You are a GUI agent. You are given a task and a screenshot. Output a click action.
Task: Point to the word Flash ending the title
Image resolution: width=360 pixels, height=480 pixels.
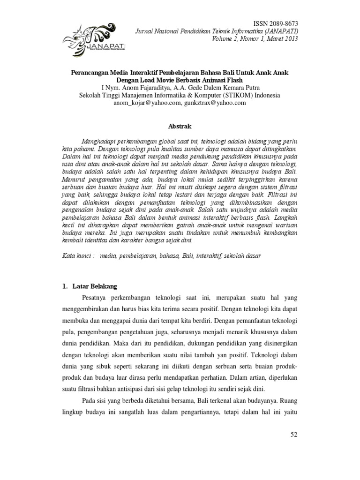234,80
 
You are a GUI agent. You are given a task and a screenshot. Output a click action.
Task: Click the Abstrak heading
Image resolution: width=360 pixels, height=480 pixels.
180,126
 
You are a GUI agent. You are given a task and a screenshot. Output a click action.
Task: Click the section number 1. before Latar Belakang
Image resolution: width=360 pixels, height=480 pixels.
66,286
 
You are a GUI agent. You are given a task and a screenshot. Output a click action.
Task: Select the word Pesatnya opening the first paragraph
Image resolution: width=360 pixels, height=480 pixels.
96,298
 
